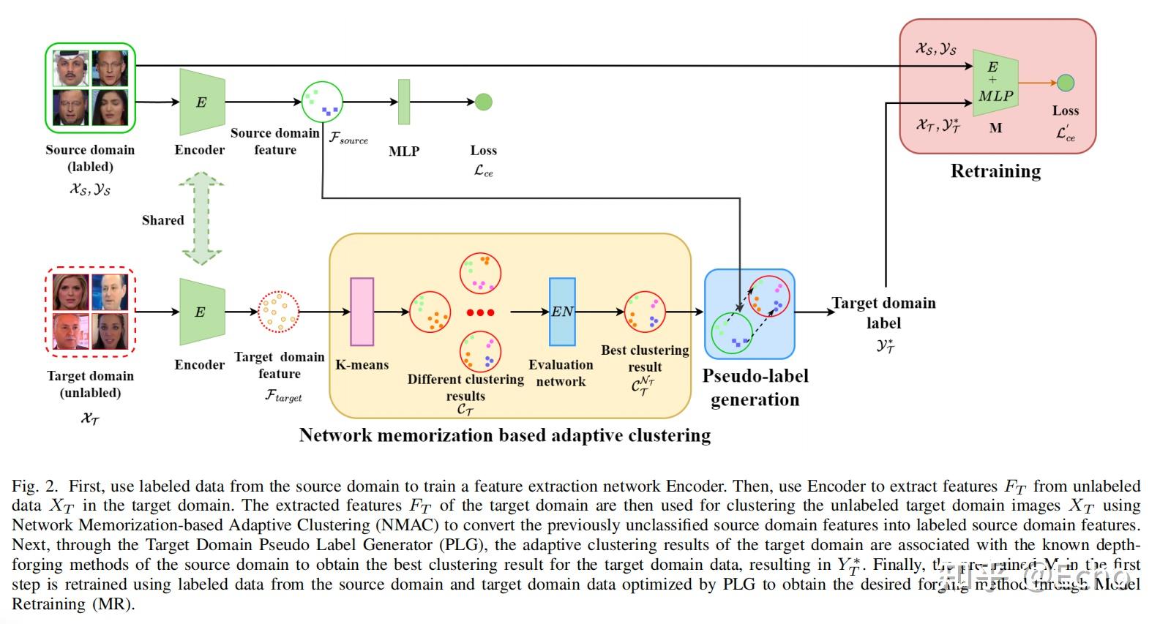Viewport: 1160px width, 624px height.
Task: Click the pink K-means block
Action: pos(362,312)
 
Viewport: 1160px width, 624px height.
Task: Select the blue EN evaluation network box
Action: pos(562,312)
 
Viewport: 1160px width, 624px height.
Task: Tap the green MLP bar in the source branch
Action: pos(403,102)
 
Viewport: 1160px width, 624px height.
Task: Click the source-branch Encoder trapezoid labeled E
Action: pos(202,102)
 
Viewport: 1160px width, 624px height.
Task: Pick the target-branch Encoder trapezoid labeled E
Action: pos(202,312)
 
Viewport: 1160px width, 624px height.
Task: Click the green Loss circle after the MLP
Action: pos(483,102)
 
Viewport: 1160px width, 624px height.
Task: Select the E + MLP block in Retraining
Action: pos(995,83)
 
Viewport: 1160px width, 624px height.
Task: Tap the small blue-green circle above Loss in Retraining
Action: pos(1066,83)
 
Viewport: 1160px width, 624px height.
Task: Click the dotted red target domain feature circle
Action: pos(279,312)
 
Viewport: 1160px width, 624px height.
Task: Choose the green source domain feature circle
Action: pos(322,102)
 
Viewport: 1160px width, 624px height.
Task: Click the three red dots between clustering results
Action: pos(480,312)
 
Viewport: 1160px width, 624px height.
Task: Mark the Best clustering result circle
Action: pos(645,312)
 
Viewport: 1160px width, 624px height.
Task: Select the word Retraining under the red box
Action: pos(995,171)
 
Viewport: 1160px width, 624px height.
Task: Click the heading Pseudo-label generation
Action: pos(755,387)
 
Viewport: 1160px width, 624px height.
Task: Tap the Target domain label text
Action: pos(883,312)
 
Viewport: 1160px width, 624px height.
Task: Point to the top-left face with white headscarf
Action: pos(72,68)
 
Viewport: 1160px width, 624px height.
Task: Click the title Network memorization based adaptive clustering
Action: pos(505,435)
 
